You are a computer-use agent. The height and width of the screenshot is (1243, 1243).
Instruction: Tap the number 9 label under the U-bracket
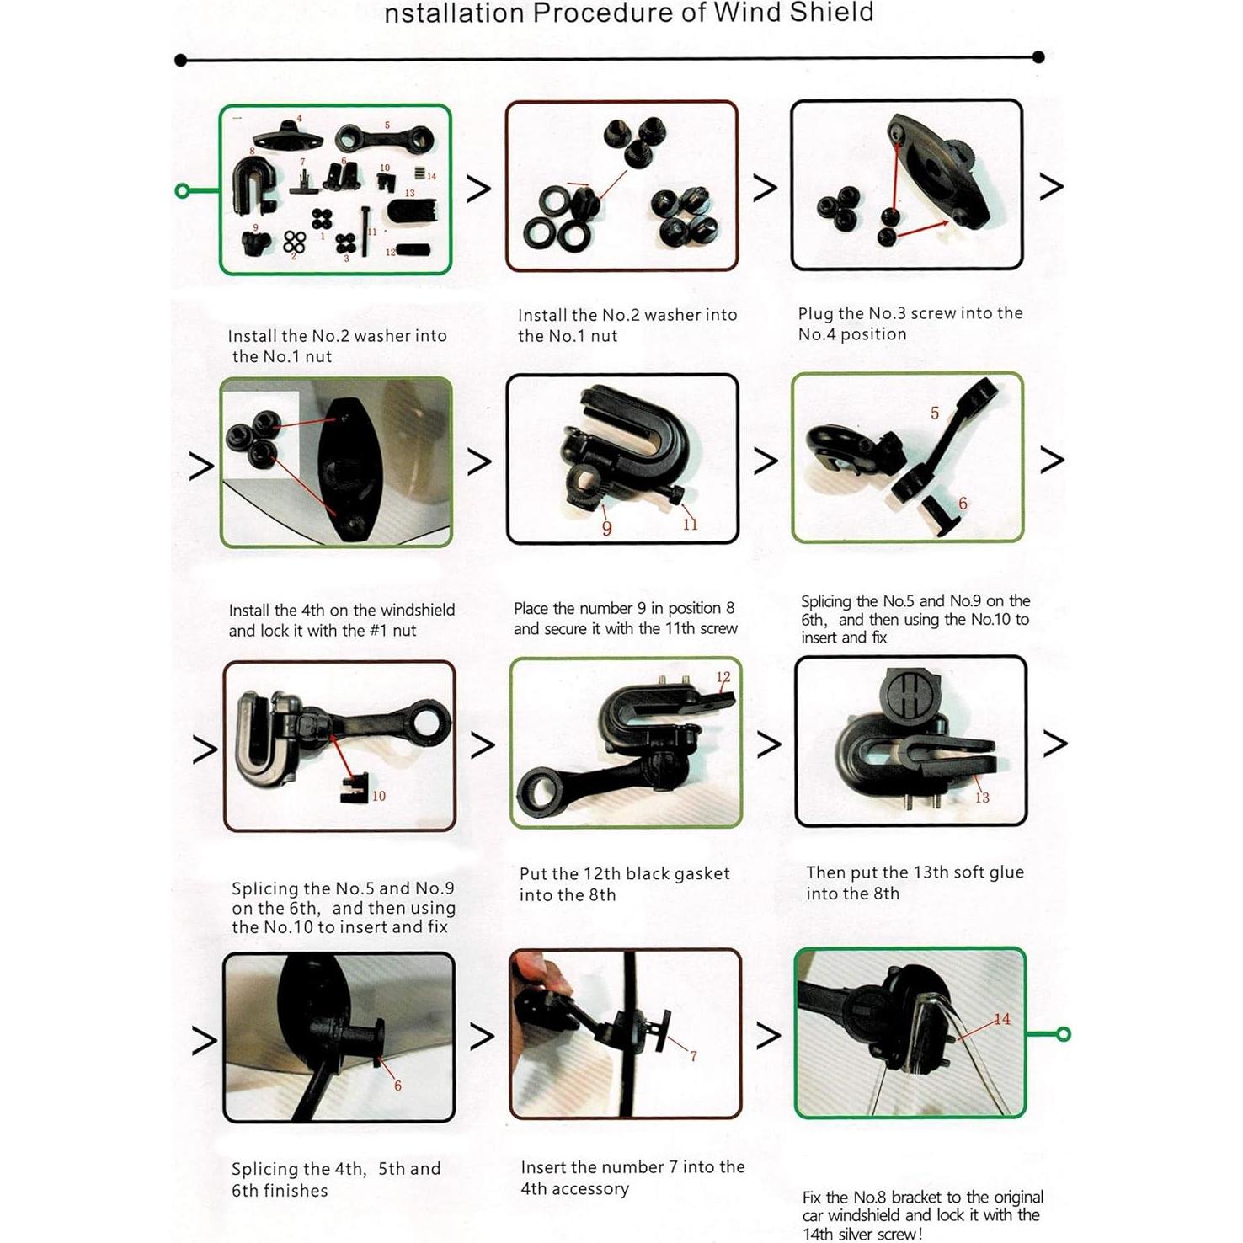606,528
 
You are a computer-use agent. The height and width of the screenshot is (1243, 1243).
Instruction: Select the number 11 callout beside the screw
690,524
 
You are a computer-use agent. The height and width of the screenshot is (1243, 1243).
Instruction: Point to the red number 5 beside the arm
934,413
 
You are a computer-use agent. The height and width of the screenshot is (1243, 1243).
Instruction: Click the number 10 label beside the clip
379,796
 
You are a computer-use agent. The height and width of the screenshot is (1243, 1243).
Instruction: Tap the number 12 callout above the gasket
723,677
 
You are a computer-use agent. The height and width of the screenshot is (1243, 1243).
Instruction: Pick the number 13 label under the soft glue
982,798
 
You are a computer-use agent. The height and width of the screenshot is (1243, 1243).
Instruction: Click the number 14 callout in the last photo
1002,1019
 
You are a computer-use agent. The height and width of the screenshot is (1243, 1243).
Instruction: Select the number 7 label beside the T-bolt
693,1056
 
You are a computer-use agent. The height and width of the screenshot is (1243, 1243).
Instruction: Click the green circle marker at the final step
1064,1034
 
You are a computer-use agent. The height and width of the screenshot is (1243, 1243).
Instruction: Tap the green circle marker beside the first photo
182,191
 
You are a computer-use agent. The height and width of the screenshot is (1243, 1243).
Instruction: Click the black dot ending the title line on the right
1038,57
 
